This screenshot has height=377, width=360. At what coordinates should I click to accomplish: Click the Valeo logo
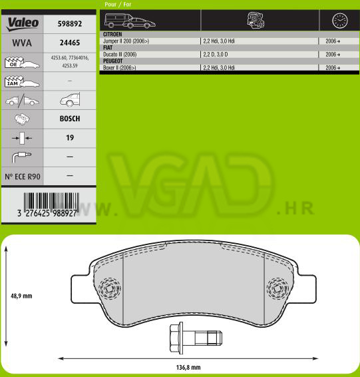[23, 24]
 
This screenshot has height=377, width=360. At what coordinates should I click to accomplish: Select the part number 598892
[70, 23]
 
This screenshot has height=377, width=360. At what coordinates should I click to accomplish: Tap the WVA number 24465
[70, 43]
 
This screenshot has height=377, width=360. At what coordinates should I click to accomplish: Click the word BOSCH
[70, 119]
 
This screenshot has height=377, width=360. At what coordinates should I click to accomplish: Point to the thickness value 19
[70, 137]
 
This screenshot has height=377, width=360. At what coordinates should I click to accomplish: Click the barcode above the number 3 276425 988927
[51, 201]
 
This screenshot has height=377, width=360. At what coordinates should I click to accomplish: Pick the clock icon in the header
[340, 21]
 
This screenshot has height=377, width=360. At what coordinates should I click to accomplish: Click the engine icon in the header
[256, 20]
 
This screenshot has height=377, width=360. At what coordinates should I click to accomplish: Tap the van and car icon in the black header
[130, 21]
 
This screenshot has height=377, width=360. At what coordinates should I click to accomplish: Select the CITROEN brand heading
[112, 35]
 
